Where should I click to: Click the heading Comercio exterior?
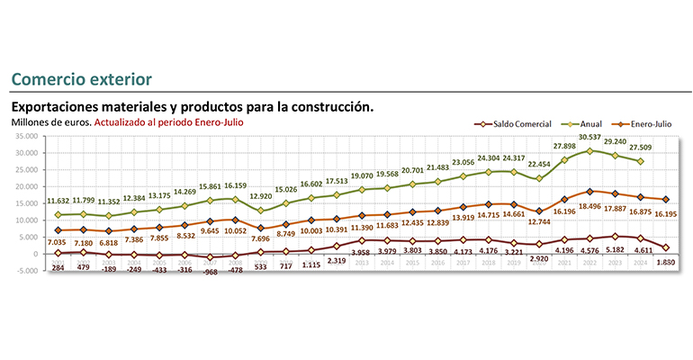point(76,80)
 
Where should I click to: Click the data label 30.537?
point(589,137)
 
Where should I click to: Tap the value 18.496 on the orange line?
point(589,206)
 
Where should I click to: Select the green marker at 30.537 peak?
point(589,150)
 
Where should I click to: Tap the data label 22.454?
point(538,165)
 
